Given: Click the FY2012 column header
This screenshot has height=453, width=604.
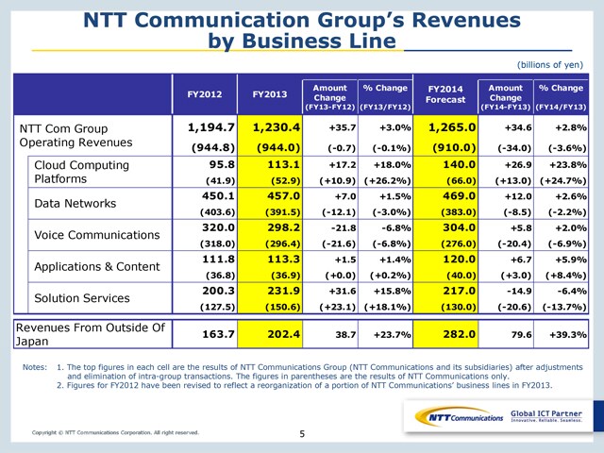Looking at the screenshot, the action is [x=205, y=94].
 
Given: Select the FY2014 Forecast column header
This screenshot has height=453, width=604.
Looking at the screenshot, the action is [x=445, y=94].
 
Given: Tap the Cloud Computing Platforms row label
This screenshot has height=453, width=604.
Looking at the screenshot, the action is [x=82, y=172].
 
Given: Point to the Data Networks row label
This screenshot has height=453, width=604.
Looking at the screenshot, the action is [x=75, y=204].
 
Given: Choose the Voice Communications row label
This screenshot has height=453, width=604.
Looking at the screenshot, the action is [x=97, y=235].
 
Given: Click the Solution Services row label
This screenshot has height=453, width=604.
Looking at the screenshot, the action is [x=82, y=298].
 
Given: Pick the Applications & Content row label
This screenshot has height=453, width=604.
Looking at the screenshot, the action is [x=97, y=266].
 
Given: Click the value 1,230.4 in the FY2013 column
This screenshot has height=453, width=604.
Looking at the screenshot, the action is [x=277, y=127].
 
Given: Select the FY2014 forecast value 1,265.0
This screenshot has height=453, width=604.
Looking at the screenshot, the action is [x=452, y=127].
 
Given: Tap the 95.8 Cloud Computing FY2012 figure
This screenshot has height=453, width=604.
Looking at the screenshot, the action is [x=222, y=164].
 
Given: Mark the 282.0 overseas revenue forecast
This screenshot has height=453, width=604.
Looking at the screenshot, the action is [x=460, y=334].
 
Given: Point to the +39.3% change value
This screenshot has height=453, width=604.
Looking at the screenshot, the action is [x=568, y=334].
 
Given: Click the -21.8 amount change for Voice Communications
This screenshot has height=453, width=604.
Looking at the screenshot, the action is [x=344, y=228].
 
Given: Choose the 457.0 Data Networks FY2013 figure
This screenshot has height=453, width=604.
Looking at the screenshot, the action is [x=283, y=196].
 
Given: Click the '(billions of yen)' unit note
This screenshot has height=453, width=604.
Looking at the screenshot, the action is [x=550, y=65].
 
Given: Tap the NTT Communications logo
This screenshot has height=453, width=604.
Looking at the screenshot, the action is [x=460, y=417].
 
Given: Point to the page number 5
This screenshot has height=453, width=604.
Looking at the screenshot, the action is [x=302, y=434].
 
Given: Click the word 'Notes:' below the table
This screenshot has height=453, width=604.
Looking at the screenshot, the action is [x=35, y=367].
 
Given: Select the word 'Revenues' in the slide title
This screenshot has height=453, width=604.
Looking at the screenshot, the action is [x=466, y=20].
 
